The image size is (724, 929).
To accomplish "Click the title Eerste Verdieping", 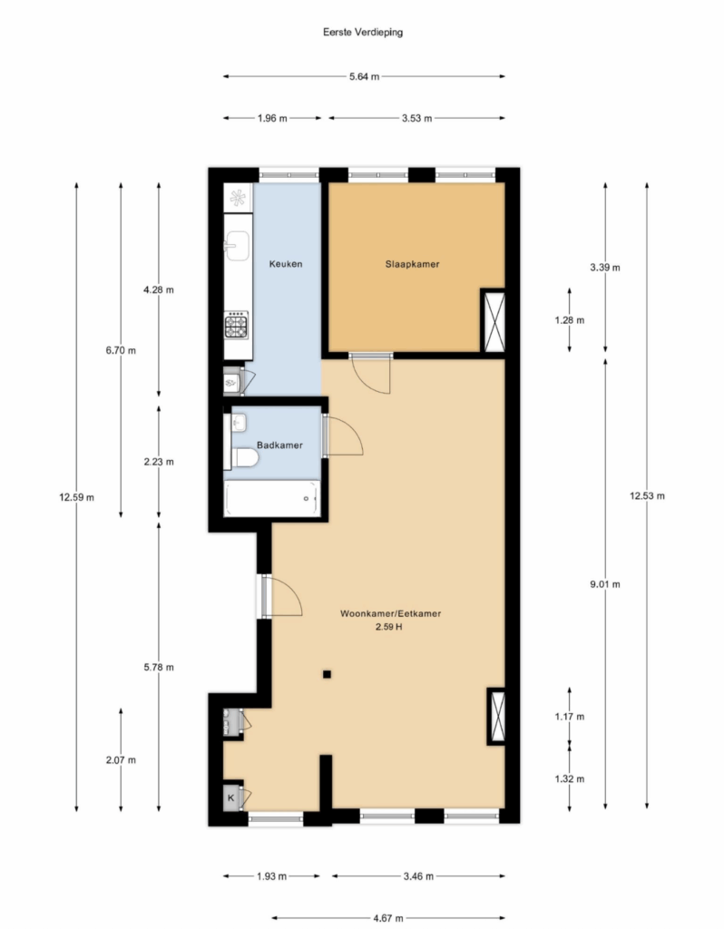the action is tap(363, 32).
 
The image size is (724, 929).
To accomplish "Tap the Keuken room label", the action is tap(286, 264).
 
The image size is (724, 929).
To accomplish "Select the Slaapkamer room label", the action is tap(413, 264).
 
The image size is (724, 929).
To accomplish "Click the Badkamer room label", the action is tap(279, 445).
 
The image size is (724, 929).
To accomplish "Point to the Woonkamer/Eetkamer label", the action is tap(390, 614).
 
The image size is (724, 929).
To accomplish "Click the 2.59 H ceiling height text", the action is tap(388, 627).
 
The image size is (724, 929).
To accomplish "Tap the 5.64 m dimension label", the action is tap(365, 76).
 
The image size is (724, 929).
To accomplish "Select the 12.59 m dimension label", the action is tap(76, 497).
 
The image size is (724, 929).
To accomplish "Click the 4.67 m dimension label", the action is tap(388, 918).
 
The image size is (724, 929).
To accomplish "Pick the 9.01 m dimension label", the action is tap(605, 584).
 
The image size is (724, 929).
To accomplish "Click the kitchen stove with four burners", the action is tap(236, 326).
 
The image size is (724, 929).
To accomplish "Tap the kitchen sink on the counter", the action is tap(237, 245).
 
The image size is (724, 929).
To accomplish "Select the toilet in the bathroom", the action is tap(245, 457).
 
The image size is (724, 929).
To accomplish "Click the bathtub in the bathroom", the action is tap(272, 498).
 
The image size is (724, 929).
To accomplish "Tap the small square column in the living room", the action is tap(327, 674).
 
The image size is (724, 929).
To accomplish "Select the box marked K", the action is tap(231, 797).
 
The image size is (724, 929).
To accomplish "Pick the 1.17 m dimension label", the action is tap(570, 717).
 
